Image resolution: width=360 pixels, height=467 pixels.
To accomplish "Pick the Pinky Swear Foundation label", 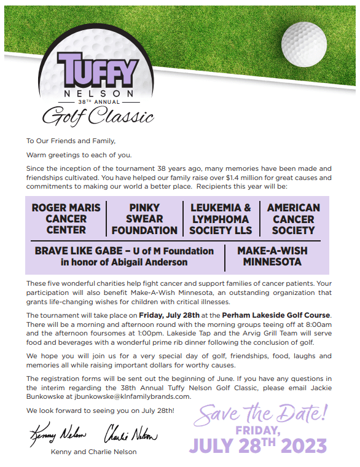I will click(x=144, y=219).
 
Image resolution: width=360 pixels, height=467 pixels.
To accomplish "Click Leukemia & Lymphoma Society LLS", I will click(x=221, y=219).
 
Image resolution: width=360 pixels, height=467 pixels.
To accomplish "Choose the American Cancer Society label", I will click(x=293, y=219).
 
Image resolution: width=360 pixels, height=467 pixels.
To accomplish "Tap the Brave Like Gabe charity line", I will click(x=124, y=256).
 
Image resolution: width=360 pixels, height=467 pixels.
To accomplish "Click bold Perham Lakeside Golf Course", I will click(x=276, y=315).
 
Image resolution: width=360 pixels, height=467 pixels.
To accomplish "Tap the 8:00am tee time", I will click(x=317, y=324).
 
